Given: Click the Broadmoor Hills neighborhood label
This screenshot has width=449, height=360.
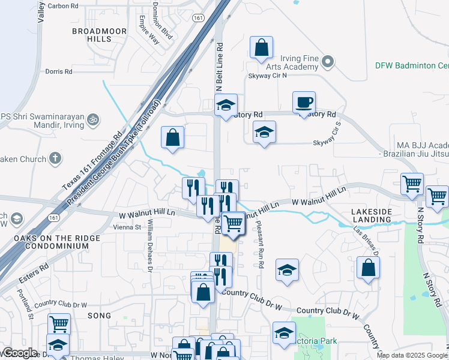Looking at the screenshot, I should tap(91, 34).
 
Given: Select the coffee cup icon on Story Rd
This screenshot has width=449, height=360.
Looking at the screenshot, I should tap(304, 102).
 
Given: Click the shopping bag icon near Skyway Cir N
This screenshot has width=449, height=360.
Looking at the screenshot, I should tap(262, 48).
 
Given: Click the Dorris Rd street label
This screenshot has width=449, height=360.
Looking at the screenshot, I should tap(59, 71).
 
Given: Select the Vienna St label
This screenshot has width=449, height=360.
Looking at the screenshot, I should tap(130, 227).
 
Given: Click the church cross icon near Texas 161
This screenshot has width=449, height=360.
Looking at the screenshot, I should tap(55, 159).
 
